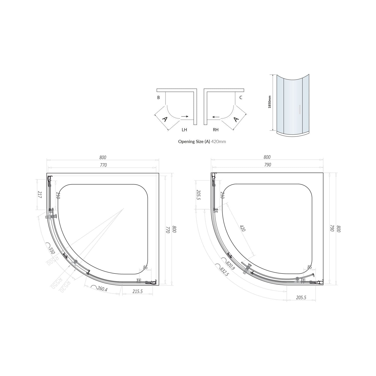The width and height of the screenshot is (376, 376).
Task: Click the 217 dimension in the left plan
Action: (40, 195)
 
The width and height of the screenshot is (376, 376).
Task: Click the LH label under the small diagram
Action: (184, 130)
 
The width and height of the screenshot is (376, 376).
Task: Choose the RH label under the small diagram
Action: (216, 130)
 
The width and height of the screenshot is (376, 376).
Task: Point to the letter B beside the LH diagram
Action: (158, 98)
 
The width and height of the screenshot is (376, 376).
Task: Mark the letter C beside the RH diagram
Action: (241, 98)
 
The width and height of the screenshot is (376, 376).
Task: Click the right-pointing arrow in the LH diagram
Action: (185, 117)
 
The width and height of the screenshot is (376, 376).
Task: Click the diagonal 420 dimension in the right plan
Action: (242, 228)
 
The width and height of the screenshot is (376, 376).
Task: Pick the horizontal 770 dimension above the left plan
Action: (103, 165)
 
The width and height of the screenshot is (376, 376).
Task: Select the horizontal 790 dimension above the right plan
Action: (267, 165)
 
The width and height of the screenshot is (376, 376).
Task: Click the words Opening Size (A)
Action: (194, 141)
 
